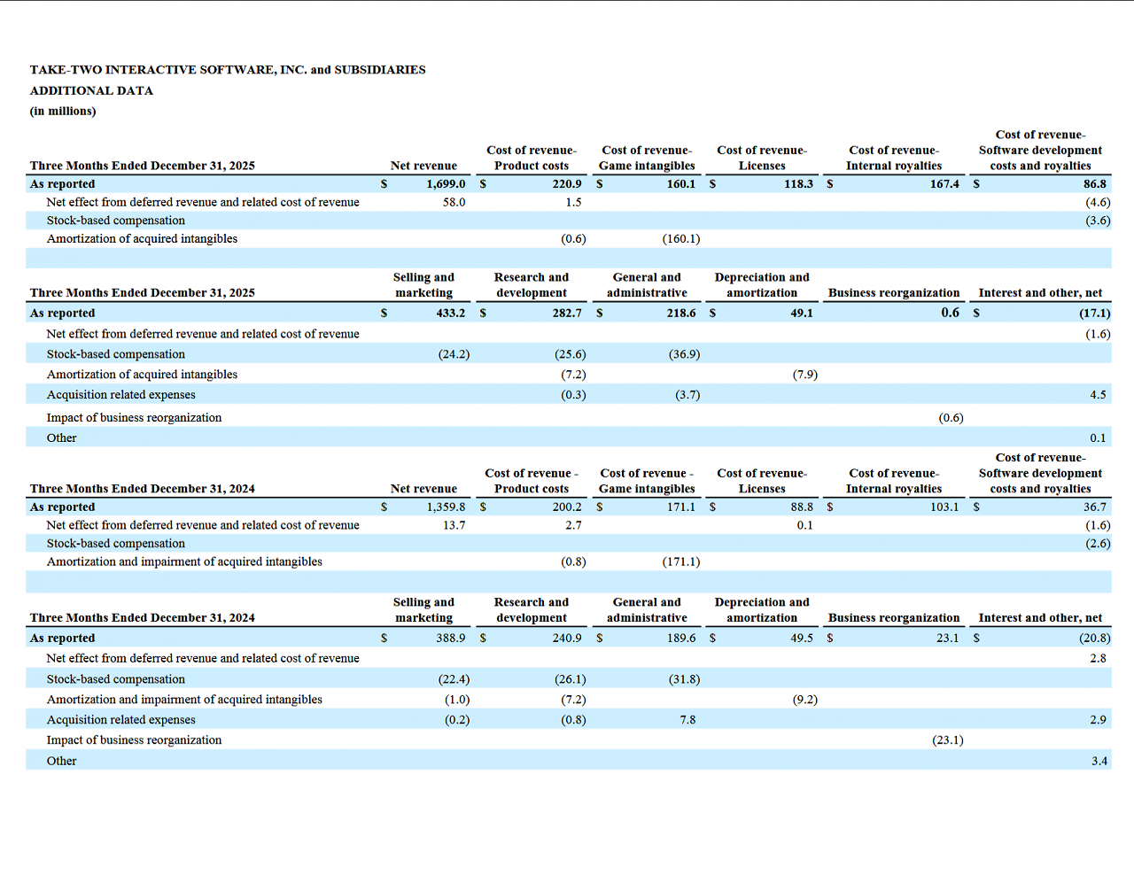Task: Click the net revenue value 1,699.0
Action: pos(446,184)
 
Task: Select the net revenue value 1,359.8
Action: pos(446,507)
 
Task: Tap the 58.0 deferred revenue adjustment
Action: pos(454,202)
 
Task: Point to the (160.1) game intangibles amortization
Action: pos(681,239)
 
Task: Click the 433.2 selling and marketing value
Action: pos(450,313)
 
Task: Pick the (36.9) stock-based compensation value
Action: pos(684,354)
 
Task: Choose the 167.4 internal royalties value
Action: pos(944,184)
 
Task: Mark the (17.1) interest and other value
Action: pos(1095,313)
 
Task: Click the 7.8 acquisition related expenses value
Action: pos(687,720)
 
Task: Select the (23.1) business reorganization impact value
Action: pos(948,740)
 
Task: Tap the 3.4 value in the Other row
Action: pos(1099,761)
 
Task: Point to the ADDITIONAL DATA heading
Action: pos(91,90)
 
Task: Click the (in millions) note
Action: pos(63,111)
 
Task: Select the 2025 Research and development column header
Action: pos(532,284)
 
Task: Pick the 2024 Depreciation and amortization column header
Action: pos(762,609)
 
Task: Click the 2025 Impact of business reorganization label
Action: pos(134,418)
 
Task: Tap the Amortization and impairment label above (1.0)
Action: pos(184,700)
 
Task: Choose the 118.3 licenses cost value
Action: pos(798,184)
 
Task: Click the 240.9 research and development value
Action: pos(567,638)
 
